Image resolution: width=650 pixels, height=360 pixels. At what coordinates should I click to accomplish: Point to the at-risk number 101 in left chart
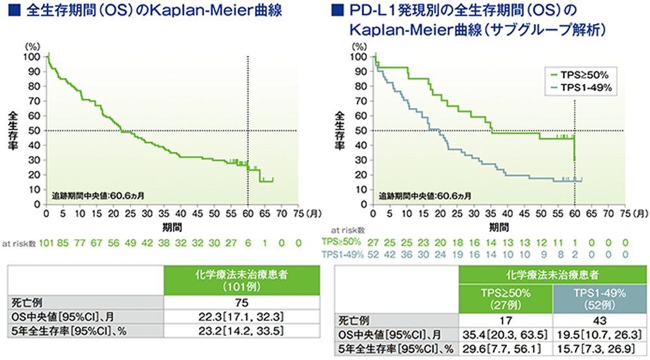pos(47,242)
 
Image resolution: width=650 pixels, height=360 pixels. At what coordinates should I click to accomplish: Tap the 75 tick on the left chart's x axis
pos(297,214)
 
